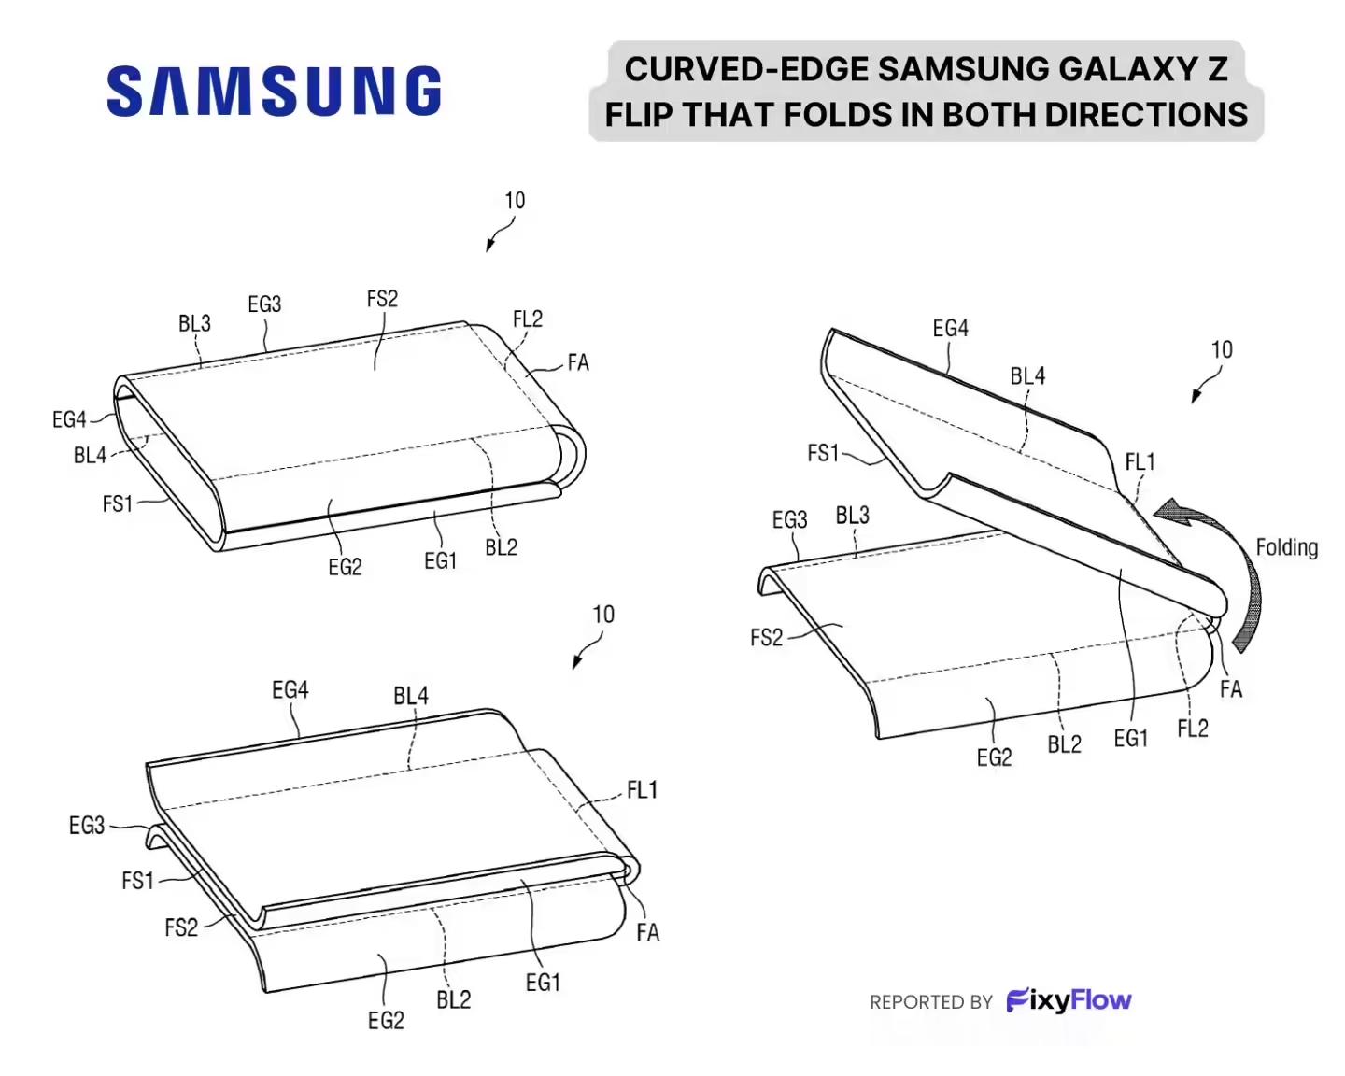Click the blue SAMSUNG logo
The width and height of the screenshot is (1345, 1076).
point(274,92)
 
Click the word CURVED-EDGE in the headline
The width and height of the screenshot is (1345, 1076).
point(747,69)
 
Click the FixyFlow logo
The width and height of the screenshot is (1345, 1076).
point(1069,1000)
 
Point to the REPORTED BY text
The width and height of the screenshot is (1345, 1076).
point(930,1002)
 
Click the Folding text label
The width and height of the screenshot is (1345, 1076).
point(1287,547)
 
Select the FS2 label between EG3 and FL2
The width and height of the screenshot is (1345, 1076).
point(382,299)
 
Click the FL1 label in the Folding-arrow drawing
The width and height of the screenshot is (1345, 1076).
point(1140,462)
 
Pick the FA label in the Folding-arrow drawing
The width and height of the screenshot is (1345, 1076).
point(1231,689)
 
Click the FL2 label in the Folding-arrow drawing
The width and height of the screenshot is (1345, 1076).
point(1193,729)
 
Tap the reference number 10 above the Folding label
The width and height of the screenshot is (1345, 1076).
point(1222,349)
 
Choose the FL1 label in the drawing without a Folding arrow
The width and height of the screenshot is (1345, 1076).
point(642,789)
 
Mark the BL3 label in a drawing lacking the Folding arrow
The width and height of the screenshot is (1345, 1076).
point(194,323)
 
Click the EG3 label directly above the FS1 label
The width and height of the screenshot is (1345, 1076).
point(87,826)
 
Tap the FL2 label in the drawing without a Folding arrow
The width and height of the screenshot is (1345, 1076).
point(528,319)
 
